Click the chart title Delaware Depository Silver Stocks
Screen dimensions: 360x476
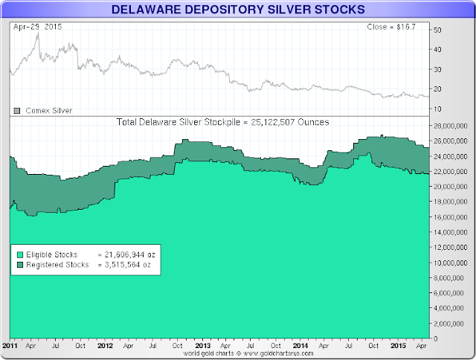coord(237,10)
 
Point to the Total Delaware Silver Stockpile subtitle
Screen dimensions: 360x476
coord(224,121)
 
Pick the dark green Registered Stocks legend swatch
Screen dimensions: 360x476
coord(19,264)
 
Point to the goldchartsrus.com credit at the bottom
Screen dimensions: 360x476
coord(237,355)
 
